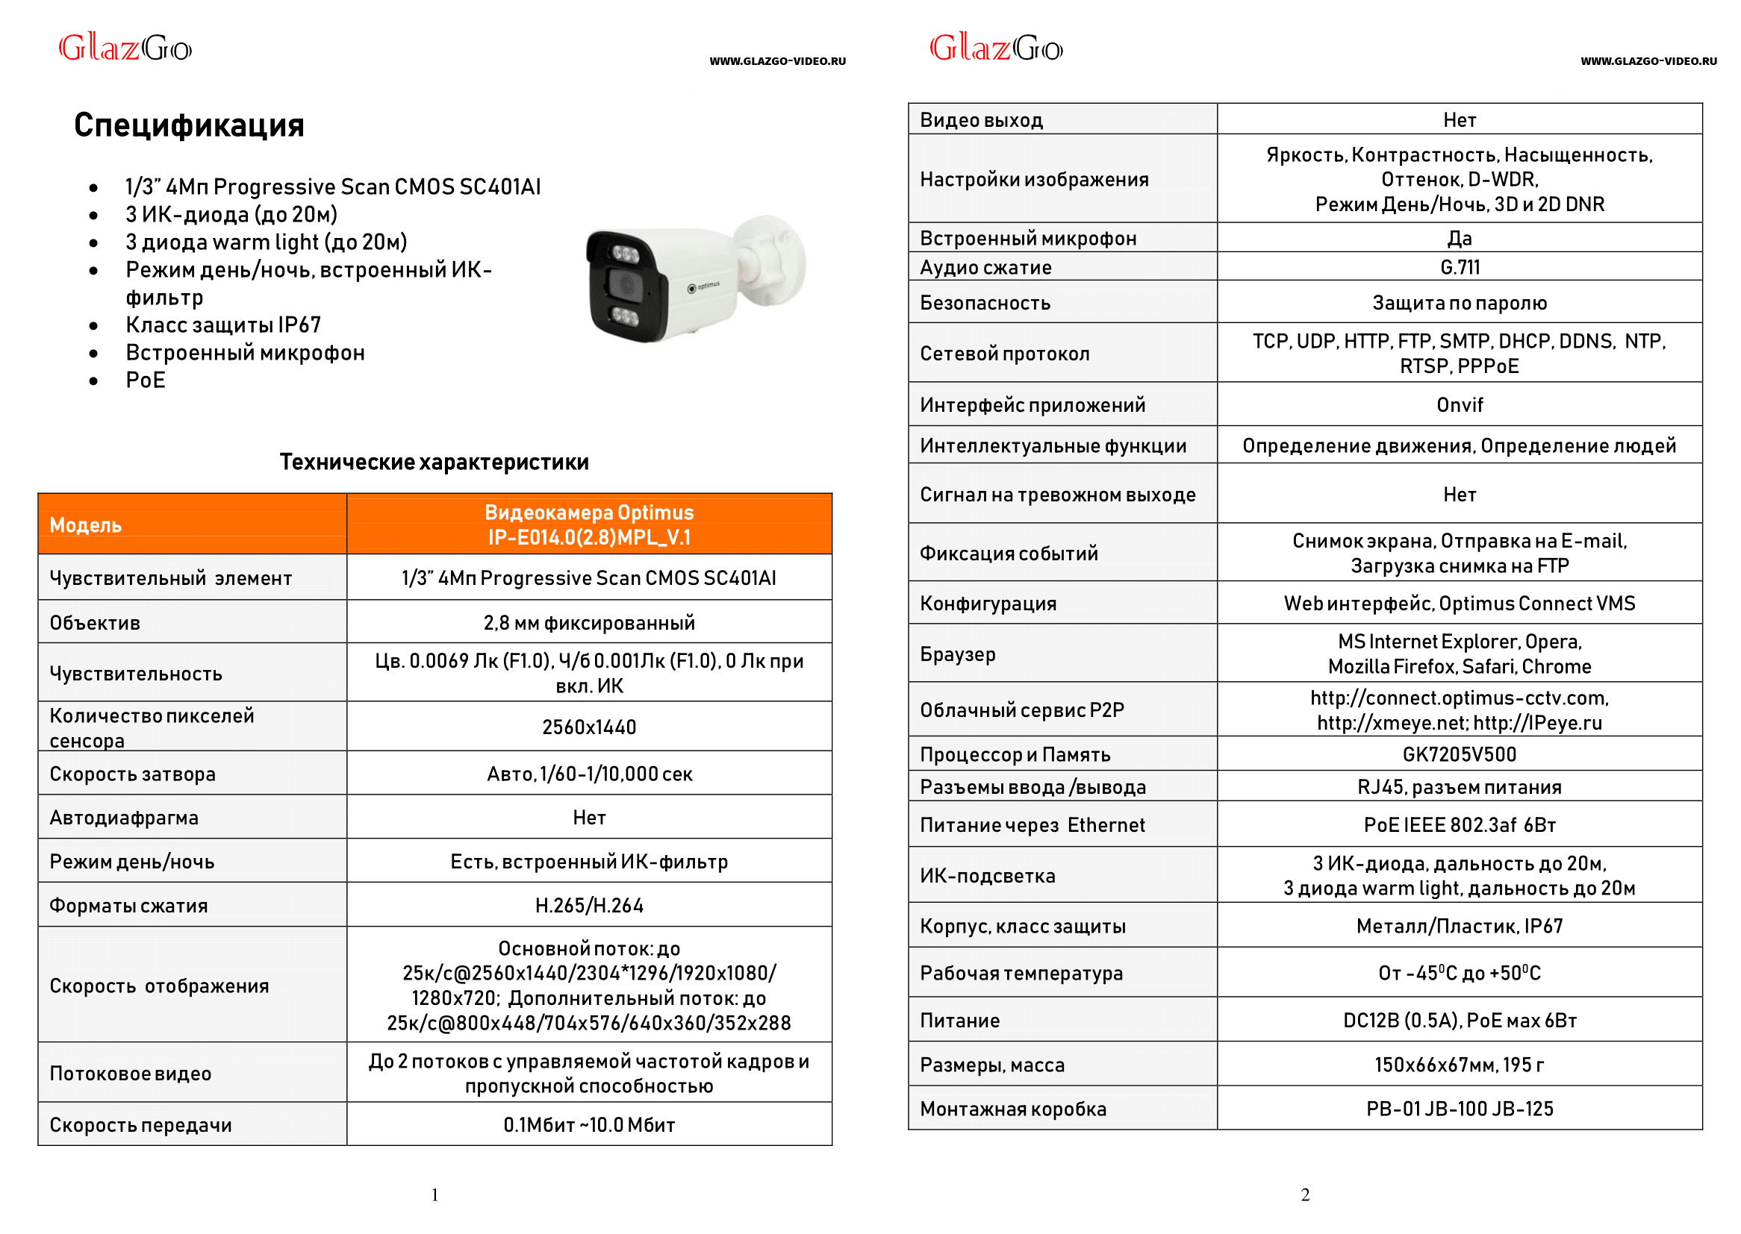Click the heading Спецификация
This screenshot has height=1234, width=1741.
click(x=189, y=125)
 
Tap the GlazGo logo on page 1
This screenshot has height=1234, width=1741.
click(x=125, y=48)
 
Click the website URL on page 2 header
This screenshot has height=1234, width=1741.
click(x=1648, y=61)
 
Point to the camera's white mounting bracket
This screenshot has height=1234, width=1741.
click(x=772, y=258)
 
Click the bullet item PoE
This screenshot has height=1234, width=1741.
click(x=146, y=380)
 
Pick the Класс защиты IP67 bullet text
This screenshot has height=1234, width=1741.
click(x=222, y=325)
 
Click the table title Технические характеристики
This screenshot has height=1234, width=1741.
click(x=433, y=462)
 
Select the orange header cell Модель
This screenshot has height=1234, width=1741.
click(x=86, y=524)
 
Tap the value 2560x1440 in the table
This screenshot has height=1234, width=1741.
click(x=588, y=727)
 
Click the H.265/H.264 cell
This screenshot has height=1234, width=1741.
click(x=588, y=905)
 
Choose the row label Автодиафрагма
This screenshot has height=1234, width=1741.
click(x=124, y=818)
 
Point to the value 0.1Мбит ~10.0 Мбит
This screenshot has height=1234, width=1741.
click(x=588, y=1124)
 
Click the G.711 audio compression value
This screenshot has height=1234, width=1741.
click(x=1459, y=268)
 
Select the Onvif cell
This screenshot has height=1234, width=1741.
click(x=1459, y=405)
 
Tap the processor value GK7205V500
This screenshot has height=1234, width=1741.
click(x=1459, y=754)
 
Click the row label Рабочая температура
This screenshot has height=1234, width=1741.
click(x=1021, y=974)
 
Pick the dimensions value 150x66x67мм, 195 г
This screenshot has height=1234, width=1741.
click(x=1459, y=1065)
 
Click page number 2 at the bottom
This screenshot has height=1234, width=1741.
click(x=1304, y=1195)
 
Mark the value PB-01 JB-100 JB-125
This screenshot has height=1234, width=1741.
click(x=1459, y=1109)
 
